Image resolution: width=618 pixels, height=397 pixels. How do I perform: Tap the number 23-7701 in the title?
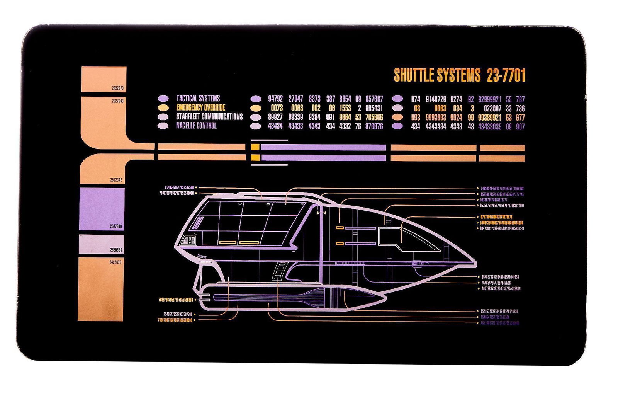point(506,75)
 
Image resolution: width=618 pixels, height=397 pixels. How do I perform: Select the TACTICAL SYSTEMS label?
point(198,99)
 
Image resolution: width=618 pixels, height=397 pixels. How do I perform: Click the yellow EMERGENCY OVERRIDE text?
point(200,107)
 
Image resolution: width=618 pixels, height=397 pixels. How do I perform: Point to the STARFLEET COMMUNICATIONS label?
point(209,116)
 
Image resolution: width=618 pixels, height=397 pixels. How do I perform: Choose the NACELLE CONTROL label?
point(196,126)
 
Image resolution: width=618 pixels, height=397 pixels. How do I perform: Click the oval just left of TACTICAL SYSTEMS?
point(163,99)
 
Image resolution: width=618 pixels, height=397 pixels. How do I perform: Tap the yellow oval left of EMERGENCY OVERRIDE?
point(163,107)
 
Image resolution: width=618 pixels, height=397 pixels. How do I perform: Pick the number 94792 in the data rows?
point(275,99)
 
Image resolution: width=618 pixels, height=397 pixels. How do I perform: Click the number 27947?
point(295,99)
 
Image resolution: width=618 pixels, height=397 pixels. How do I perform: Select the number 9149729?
point(436,99)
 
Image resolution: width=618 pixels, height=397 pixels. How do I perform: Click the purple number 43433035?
point(489,126)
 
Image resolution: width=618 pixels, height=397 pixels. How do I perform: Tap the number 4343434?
point(436,126)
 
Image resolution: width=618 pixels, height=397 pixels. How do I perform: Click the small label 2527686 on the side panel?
point(117,101)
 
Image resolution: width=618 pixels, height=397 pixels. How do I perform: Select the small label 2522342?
point(116,180)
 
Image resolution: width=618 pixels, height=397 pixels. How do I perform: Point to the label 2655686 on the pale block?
point(116,250)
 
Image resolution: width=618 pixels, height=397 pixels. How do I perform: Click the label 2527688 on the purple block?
point(116,227)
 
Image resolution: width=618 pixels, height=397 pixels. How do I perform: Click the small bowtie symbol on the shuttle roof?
point(321,213)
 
